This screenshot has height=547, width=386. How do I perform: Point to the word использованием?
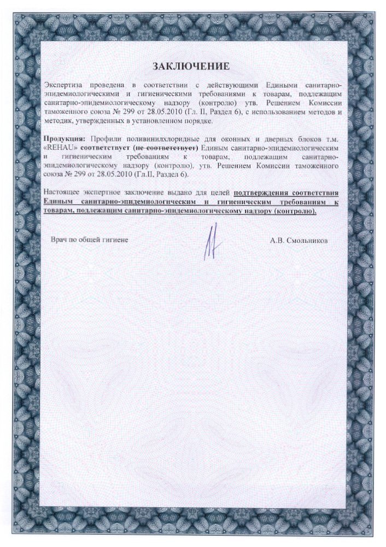pos(291,112)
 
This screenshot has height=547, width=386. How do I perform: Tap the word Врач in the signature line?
pos(60,240)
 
